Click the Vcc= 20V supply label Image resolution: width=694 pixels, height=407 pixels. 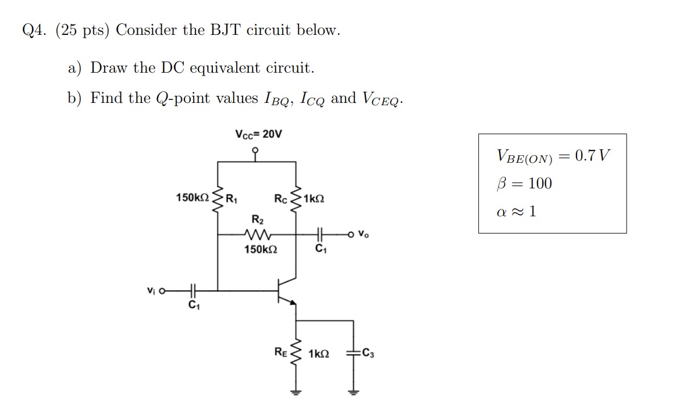click(x=258, y=134)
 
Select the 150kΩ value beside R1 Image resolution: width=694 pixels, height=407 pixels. click(x=193, y=198)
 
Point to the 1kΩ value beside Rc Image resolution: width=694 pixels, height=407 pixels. click(x=314, y=198)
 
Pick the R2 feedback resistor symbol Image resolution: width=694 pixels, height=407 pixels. click(x=257, y=235)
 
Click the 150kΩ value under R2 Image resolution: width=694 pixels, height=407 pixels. click(x=260, y=250)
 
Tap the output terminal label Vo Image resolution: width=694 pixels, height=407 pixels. click(x=364, y=235)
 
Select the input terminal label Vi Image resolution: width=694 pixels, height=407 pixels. click(x=151, y=289)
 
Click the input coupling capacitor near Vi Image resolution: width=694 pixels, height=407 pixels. click(x=193, y=289)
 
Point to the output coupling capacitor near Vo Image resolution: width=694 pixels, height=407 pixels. click(x=318, y=235)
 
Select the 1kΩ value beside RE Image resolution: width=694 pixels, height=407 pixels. click(x=319, y=354)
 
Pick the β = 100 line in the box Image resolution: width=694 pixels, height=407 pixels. click(x=525, y=184)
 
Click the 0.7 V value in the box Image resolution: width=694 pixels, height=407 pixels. click(x=592, y=156)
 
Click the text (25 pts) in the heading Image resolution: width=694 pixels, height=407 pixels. click(x=83, y=30)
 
